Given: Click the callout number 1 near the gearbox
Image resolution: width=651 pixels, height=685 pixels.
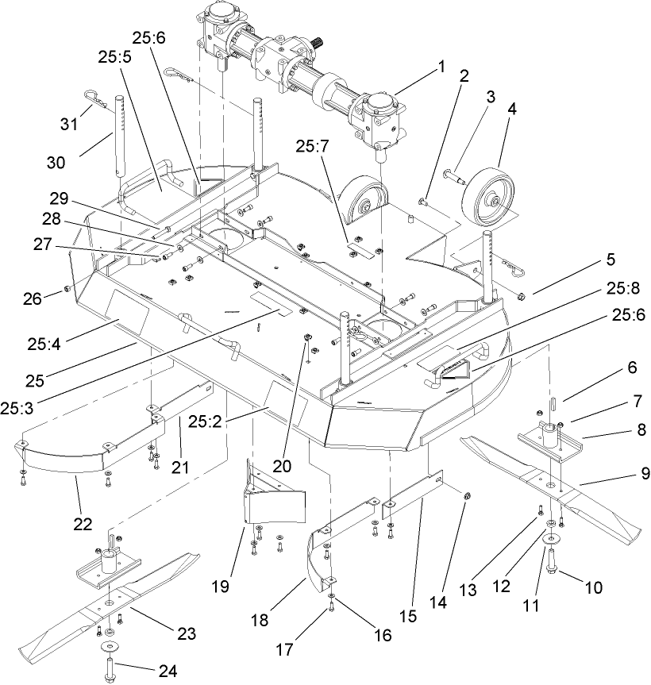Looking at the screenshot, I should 441,68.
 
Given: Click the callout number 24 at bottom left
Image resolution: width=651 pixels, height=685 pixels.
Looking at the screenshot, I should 168,671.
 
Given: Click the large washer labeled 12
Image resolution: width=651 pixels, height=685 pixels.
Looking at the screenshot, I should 550,541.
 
